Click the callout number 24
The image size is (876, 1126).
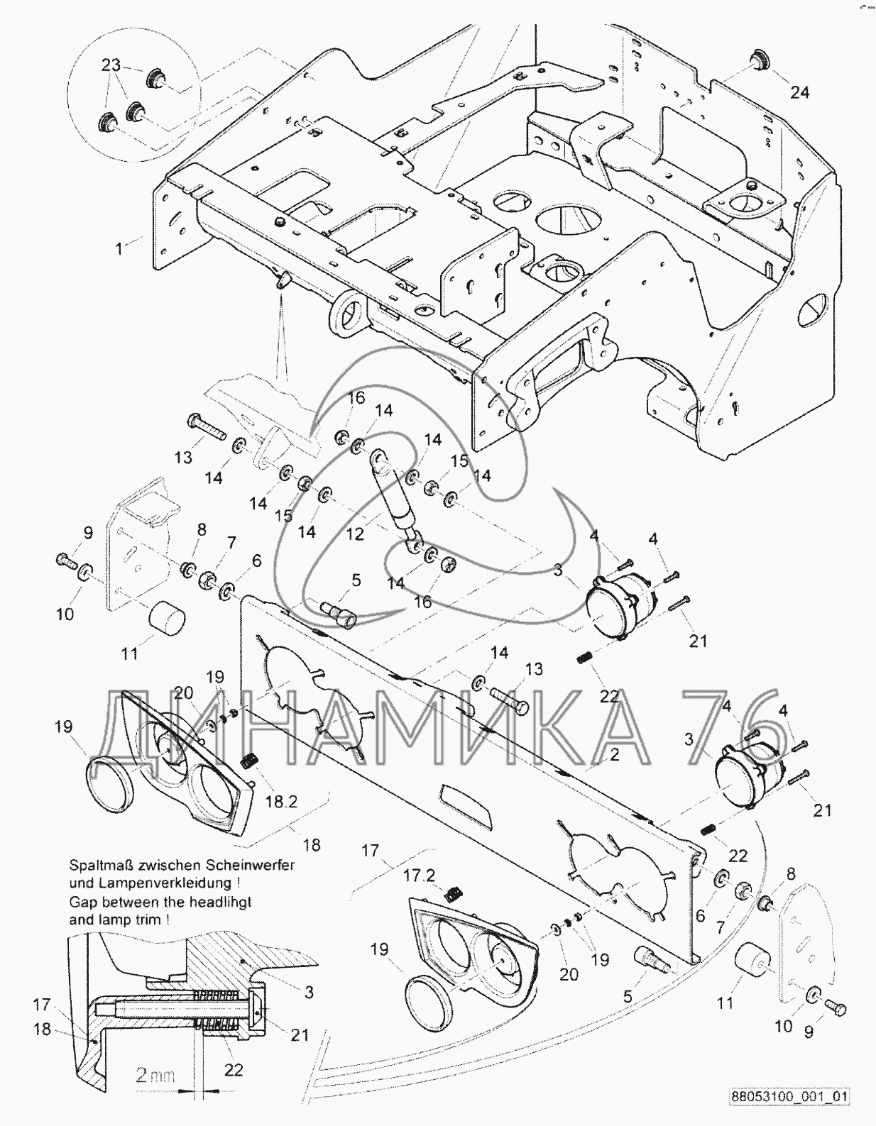click(799, 93)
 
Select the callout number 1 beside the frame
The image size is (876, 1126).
click(119, 249)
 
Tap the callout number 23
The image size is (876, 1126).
click(111, 65)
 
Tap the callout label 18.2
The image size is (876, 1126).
click(281, 802)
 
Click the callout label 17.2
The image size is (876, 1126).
click(420, 876)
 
